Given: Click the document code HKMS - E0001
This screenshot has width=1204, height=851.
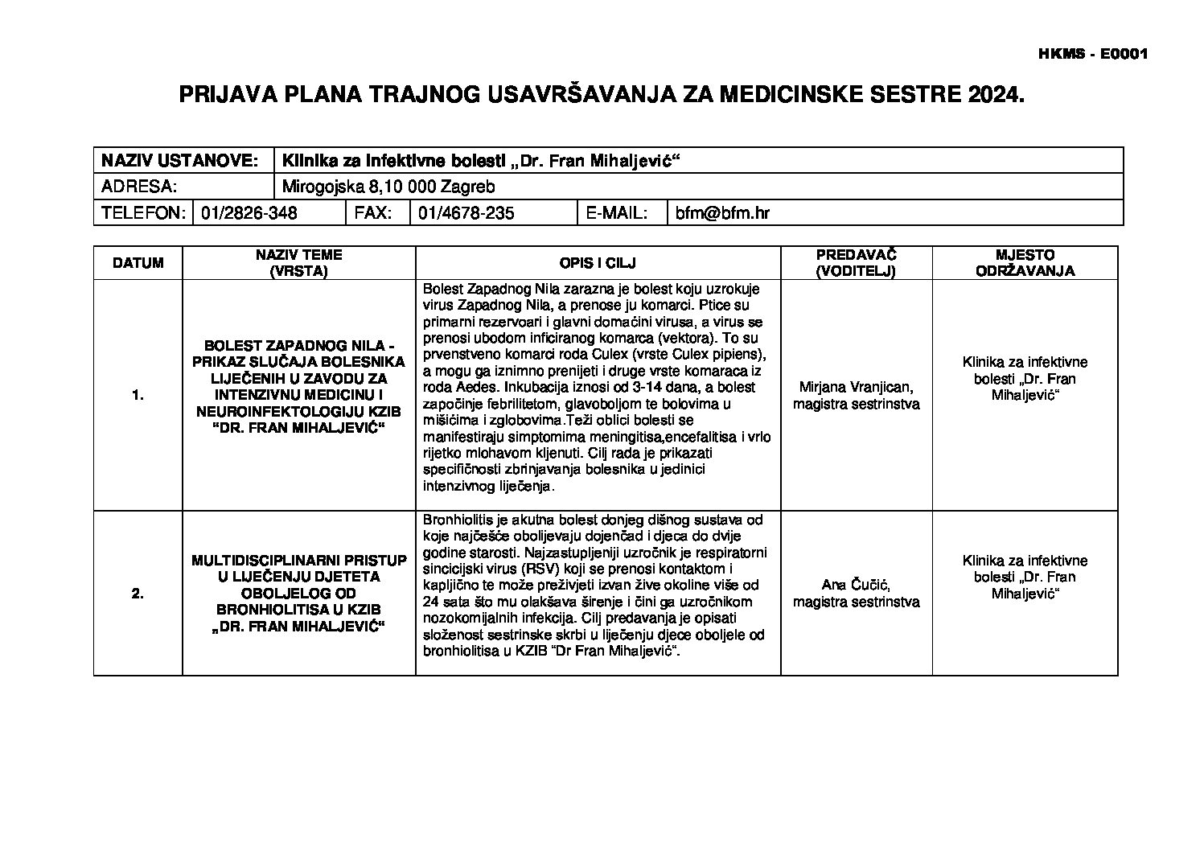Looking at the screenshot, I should (1093, 55).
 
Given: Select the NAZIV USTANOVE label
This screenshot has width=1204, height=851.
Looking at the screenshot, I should (179, 161).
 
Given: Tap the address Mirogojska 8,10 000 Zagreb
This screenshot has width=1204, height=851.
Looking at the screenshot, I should (388, 187).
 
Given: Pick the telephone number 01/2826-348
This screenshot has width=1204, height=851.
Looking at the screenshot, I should (249, 213).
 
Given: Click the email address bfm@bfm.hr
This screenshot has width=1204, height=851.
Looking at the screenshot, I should (722, 213).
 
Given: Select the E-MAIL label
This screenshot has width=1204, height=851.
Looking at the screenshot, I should (617, 213).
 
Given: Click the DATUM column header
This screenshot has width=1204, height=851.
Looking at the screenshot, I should (138, 263).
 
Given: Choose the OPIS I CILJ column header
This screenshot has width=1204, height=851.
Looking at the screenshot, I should (598, 263).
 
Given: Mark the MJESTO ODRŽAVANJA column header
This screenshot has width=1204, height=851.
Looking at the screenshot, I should (1025, 263).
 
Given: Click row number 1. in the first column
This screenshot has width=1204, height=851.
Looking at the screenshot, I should (138, 395).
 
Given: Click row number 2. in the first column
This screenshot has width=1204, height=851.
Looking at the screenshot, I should (138, 594).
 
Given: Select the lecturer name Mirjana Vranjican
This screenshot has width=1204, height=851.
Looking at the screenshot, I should (856, 387).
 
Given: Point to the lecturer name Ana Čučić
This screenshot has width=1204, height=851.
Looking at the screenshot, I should (856, 585).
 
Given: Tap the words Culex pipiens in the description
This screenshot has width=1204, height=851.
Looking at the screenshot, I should (719, 354).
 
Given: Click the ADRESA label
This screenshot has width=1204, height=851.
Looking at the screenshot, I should (138, 187).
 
